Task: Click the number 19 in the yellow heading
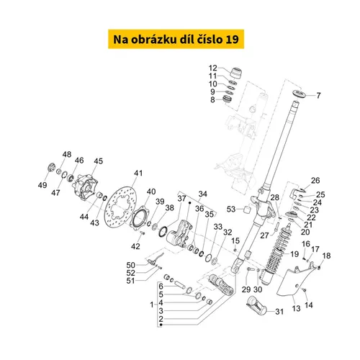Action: [232, 39]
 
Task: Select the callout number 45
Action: [98, 161]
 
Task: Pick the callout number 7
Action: [318, 96]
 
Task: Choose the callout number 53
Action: [231, 209]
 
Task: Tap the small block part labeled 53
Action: [247, 210]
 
